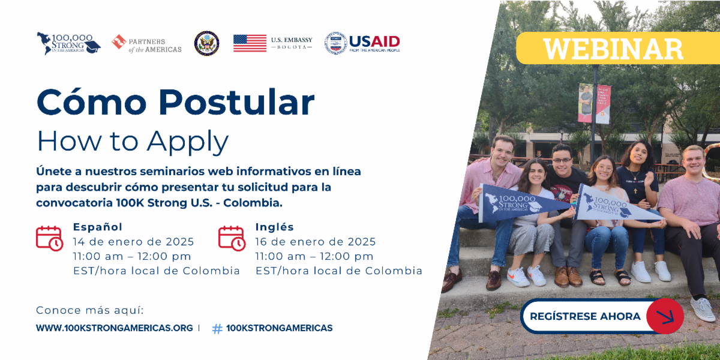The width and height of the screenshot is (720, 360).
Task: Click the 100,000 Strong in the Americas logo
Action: tap(68, 43)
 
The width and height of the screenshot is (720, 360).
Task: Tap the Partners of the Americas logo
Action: tap(146, 43)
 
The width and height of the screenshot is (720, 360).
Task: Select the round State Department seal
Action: tap(206, 43)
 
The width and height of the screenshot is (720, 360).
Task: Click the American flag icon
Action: tap(250, 43)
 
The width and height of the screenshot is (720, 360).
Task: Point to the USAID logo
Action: tap(363, 43)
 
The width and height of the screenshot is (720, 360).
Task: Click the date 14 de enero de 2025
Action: tap(133, 242)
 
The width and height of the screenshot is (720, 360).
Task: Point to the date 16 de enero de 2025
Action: tap(316, 242)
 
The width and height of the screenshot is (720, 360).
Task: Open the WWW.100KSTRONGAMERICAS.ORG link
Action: tap(115, 328)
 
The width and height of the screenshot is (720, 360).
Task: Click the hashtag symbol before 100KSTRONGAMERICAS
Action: tap(217, 329)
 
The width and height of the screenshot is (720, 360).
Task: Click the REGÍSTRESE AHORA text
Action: tap(585, 316)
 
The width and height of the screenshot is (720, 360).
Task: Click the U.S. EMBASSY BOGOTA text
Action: tap(292, 43)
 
